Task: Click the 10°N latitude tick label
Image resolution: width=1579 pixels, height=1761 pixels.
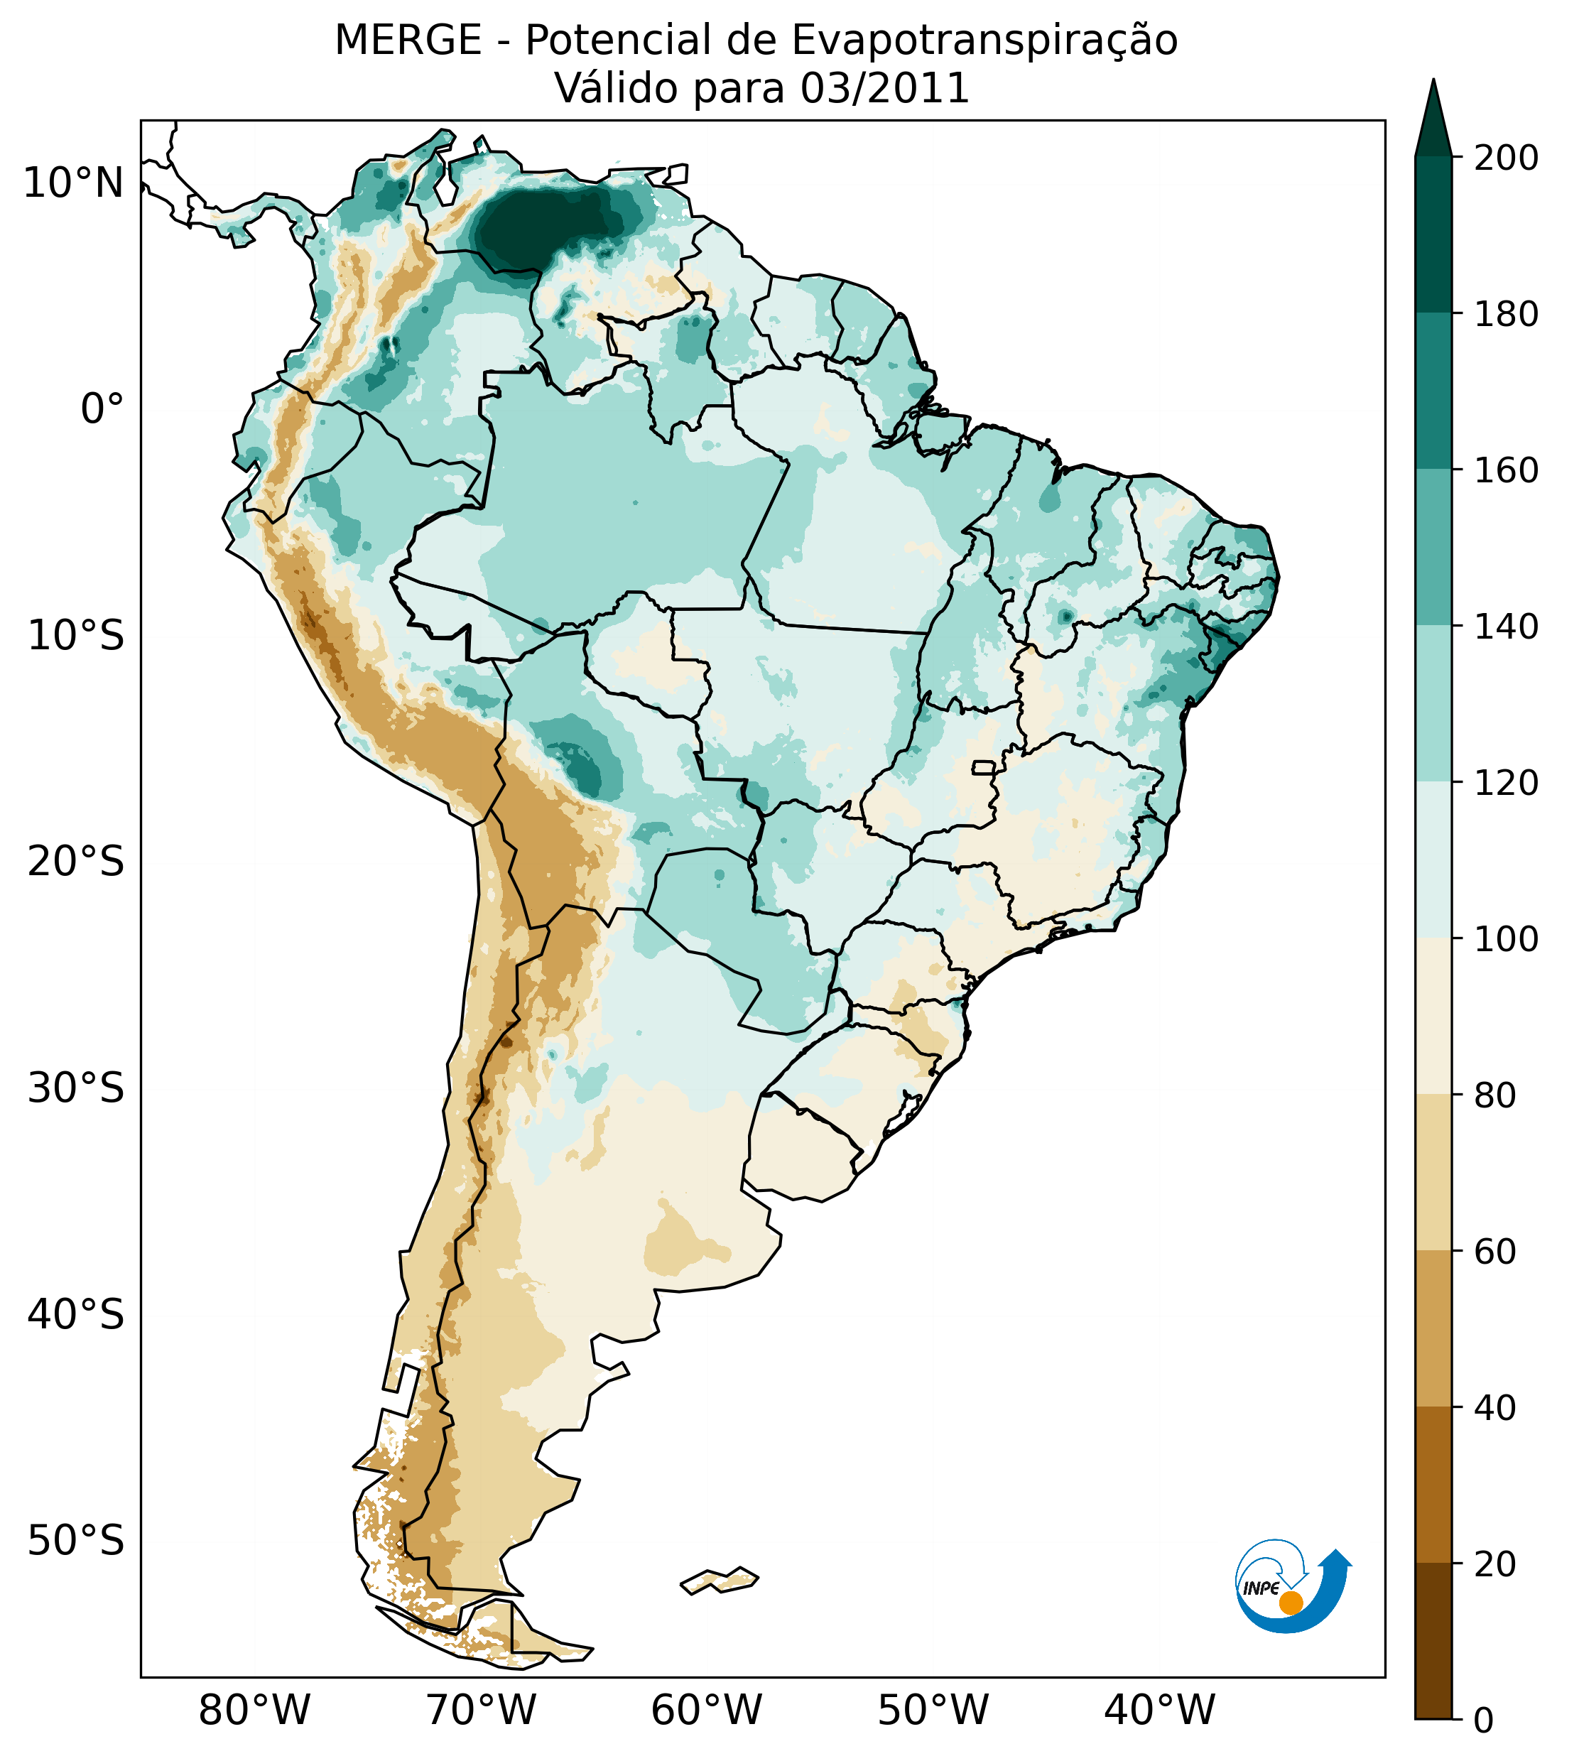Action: click(73, 183)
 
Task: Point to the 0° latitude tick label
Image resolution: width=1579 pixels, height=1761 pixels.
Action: click(102, 408)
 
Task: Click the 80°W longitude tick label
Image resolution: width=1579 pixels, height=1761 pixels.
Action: click(254, 1710)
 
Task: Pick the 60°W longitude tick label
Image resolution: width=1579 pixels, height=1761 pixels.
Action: click(706, 1710)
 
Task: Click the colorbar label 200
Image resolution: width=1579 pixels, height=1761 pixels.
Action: click(1505, 158)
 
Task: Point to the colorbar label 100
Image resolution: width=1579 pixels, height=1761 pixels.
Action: click(1505, 938)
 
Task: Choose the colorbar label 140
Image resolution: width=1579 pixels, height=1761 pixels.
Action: click(1505, 627)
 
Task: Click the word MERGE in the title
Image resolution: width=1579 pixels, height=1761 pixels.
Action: click(408, 40)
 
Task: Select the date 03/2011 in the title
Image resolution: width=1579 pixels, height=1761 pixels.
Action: click(884, 89)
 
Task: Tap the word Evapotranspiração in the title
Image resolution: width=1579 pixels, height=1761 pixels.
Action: click(984, 40)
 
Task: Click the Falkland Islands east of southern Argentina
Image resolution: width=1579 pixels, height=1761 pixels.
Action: click(720, 1580)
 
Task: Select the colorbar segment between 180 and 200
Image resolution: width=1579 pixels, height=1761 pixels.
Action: click(1433, 235)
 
